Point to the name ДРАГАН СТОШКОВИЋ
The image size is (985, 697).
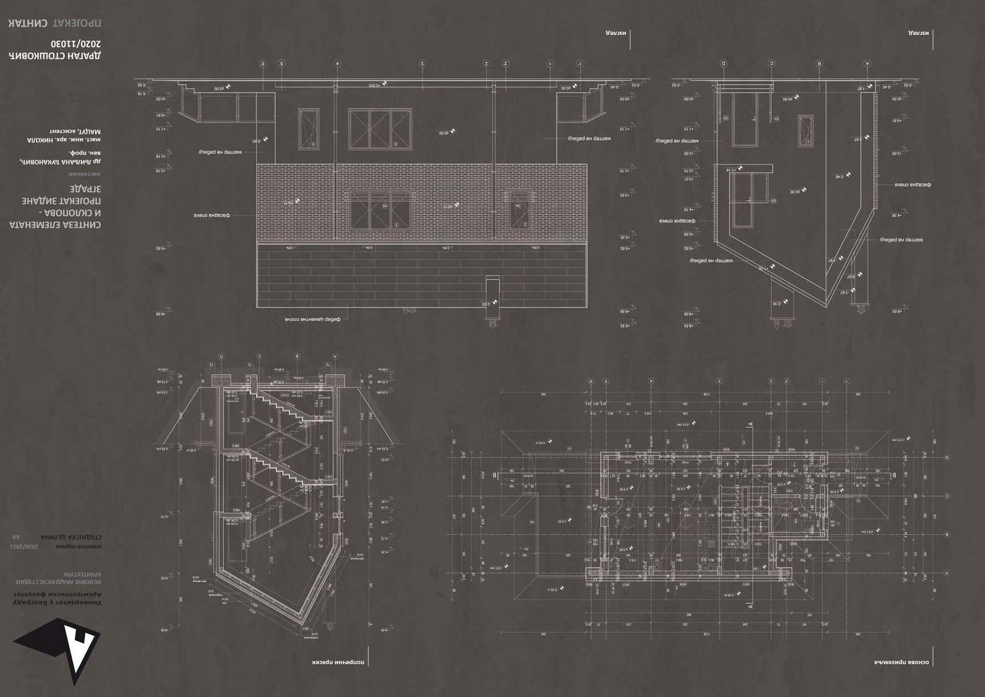click(x=55, y=56)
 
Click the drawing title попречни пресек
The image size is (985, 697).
click(x=338, y=662)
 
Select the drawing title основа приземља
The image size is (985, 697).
click(x=901, y=662)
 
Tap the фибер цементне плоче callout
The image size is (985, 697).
click(x=312, y=319)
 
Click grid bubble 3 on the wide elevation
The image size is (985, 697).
click(x=422, y=63)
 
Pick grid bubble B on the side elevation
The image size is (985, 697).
click(x=820, y=63)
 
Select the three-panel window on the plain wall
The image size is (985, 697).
click(x=380, y=129)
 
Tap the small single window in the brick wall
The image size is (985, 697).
click(x=519, y=209)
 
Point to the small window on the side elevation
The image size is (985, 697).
click(x=806, y=131)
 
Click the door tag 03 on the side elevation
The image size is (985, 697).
click(x=773, y=200)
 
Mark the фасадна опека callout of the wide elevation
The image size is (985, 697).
click(x=212, y=215)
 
